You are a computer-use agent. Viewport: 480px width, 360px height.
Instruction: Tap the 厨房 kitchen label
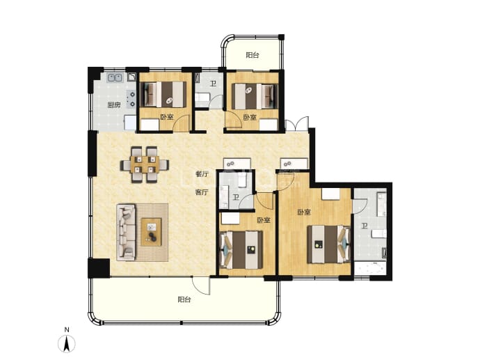[x=114, y=105]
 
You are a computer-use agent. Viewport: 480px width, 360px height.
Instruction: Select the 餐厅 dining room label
[x=202, y=174]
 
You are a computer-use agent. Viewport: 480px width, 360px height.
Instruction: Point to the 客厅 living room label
[x=202, y=192]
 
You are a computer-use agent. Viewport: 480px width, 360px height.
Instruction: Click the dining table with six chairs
[x=145, y=164]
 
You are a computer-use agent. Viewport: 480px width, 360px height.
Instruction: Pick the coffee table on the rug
[x=151, y=232]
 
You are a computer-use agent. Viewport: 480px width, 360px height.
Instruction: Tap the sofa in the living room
[x=126, y=233]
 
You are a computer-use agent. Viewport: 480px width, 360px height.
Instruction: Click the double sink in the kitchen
[x=115, y=77]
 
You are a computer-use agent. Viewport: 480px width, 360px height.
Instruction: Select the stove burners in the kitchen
[x=132, y=99]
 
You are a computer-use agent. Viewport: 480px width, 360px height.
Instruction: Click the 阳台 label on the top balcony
[x=253, y=55]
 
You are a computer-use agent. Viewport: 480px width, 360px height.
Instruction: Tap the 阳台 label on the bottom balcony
[x=184, y=299]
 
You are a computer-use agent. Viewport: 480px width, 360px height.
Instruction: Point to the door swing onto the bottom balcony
[x=201, y=285]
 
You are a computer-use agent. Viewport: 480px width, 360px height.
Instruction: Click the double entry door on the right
[x=296, y=123]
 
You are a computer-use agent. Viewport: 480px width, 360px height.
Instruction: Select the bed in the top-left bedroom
[x=163, y=94]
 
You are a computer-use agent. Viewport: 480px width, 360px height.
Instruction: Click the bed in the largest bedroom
[x=329, y=244]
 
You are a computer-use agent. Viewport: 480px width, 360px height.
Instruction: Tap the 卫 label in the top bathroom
[x=213, y=84]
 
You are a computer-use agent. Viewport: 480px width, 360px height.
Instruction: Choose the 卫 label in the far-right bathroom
[x=365, y=226]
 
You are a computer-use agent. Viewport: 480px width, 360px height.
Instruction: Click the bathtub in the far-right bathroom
[x=369, y=268]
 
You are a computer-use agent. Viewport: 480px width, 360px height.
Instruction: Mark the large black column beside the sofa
[x=99, y=268]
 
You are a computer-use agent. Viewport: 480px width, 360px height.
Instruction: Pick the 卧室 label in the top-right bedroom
[x=250, y=118]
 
